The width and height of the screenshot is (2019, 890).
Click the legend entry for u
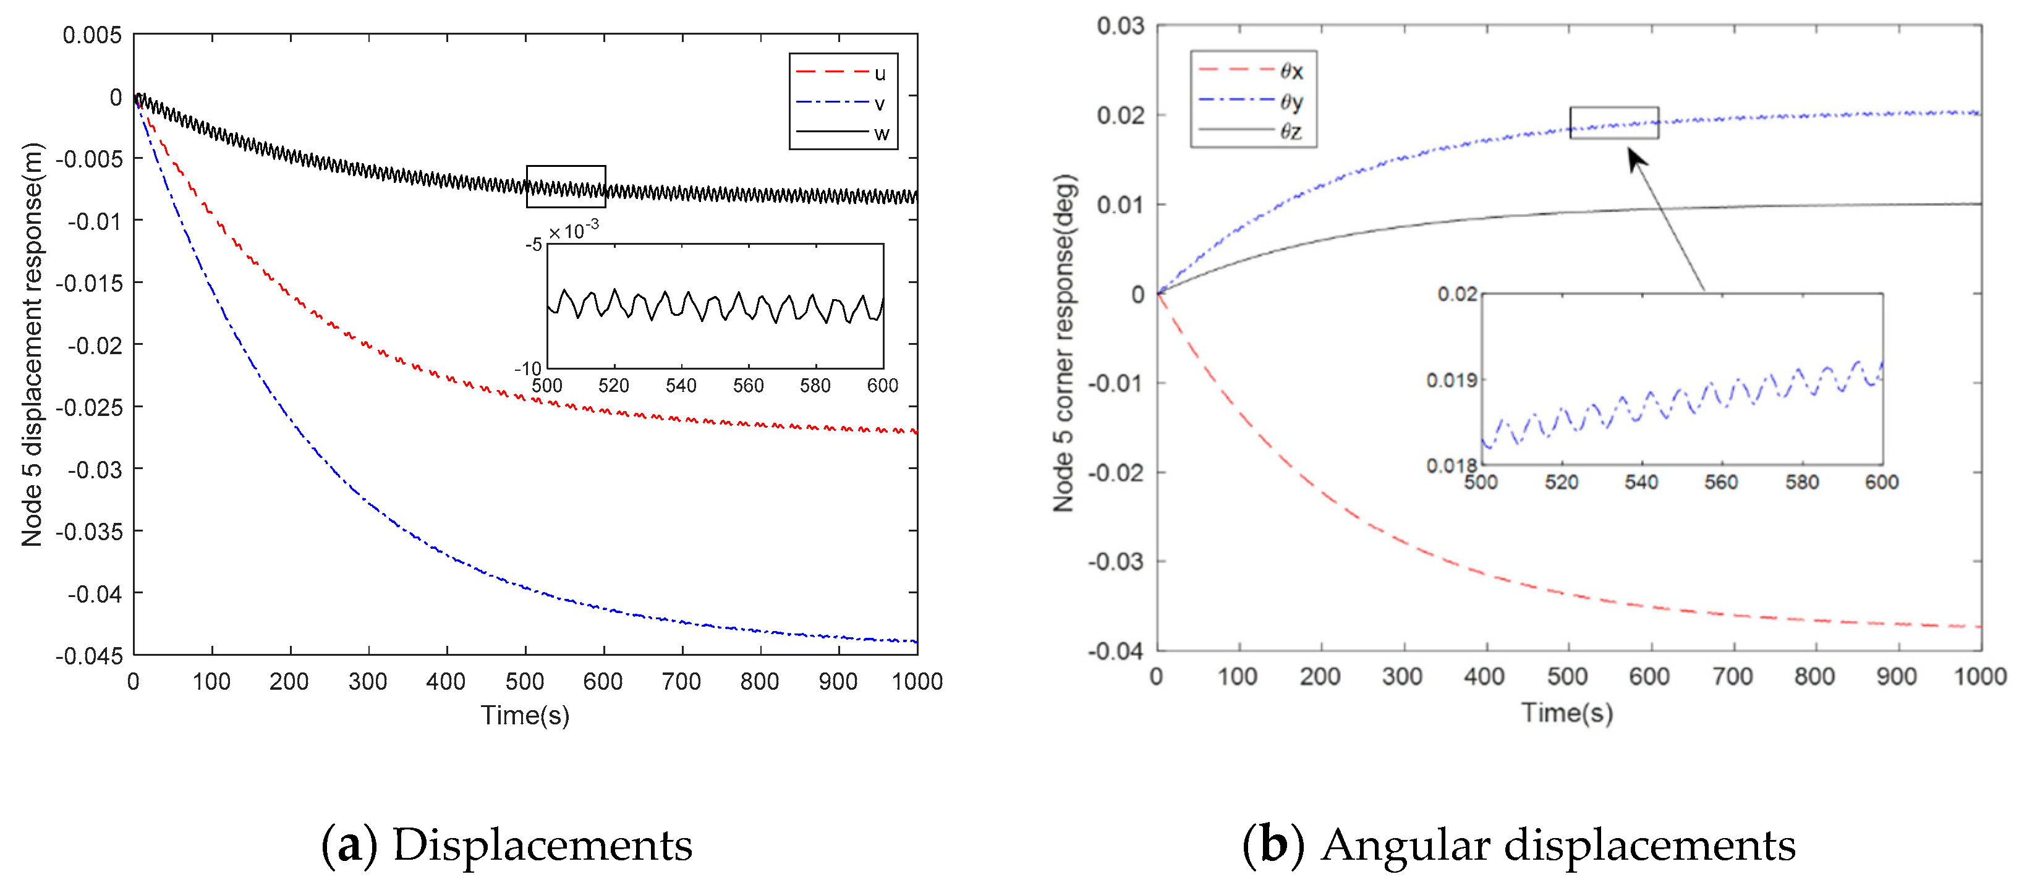pos(843,73)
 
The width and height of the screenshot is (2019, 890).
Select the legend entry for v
pos(843,103)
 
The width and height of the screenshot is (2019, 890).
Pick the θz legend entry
pos(1252,131)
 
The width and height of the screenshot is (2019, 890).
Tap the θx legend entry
pos(1252,70)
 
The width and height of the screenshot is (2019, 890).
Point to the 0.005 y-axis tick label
pos(91,35)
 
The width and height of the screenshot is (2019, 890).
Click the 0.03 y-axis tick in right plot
pos(1120,26)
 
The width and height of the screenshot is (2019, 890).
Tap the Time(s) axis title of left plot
pos(525,714)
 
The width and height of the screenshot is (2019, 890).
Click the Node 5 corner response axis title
pos(1065,343)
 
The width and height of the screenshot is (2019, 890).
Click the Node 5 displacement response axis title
pos(32,345)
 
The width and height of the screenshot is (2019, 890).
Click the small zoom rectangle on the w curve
pos(566,187)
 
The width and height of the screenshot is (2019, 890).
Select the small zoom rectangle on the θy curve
pos(1614,123)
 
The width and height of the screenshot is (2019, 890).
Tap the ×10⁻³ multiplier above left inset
pos(573,231)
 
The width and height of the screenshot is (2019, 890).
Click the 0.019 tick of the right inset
pos(1452,381)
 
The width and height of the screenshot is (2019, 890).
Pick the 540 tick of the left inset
pos(680,386)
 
